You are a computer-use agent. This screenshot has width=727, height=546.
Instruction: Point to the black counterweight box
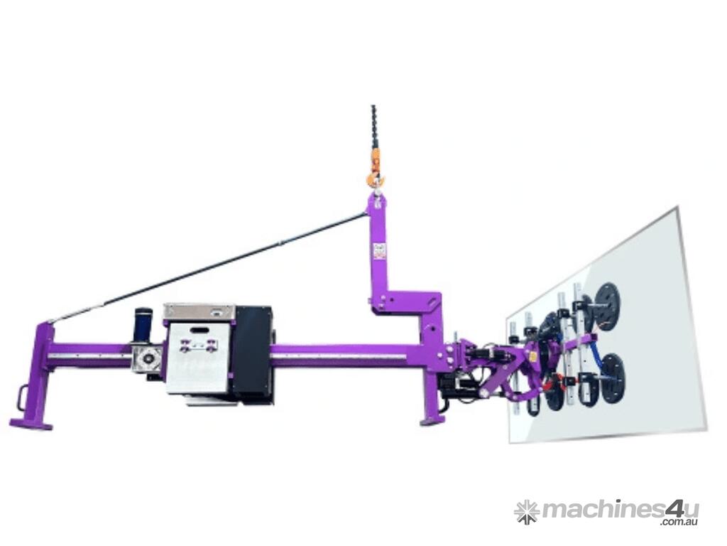(x=252, y=355)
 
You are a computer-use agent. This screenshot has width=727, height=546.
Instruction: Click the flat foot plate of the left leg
(x=31, y=424)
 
